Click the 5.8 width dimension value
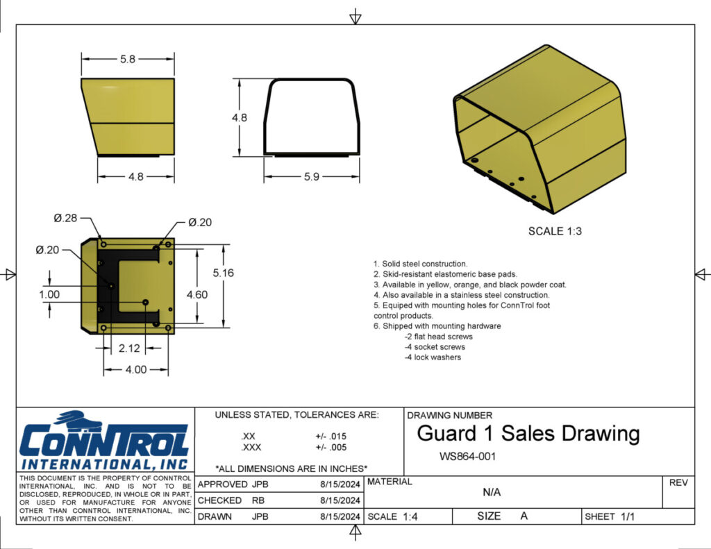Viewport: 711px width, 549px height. click(128, 60)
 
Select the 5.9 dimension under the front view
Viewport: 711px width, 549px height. click(311, 177)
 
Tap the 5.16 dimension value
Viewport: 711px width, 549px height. click(223, 273)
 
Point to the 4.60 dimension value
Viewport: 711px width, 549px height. click(196, 295)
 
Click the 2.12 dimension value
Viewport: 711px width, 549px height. click(130, 347)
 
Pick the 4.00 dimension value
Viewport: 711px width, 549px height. click(136, 369)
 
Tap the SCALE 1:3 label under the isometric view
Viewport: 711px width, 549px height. click(555, 231)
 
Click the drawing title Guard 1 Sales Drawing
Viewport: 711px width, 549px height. click(528, 434)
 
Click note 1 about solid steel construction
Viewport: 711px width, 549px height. click(420, 264)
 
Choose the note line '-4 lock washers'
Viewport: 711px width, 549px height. click(433, 357)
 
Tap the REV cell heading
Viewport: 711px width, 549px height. click(678, 482)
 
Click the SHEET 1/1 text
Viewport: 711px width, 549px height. click(610, 516)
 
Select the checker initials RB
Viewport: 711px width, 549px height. click(258, 500)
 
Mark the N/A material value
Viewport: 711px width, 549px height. click(492, 493)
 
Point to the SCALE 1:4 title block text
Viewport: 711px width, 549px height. click(392, 516)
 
